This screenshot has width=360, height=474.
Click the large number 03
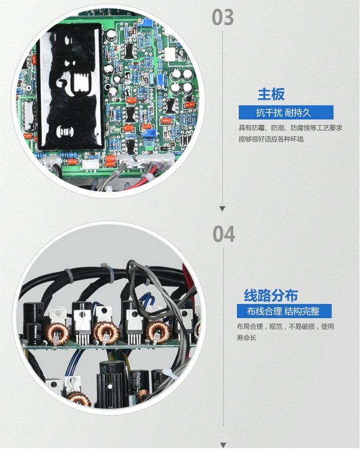223,17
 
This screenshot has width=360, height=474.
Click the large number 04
224,233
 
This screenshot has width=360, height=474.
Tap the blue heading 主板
271,94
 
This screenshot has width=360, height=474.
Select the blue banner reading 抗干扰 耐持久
286,113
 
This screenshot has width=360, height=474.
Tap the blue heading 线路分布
271,295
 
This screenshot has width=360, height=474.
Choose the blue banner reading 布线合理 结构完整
284,311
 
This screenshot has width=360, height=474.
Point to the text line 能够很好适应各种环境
271,139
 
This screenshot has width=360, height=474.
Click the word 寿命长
246,338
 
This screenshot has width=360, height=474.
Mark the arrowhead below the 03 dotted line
223,209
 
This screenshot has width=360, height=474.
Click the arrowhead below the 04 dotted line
223,445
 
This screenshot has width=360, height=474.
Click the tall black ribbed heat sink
111,384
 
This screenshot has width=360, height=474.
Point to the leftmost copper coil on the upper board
57,334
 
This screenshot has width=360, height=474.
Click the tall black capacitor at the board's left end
34,322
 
